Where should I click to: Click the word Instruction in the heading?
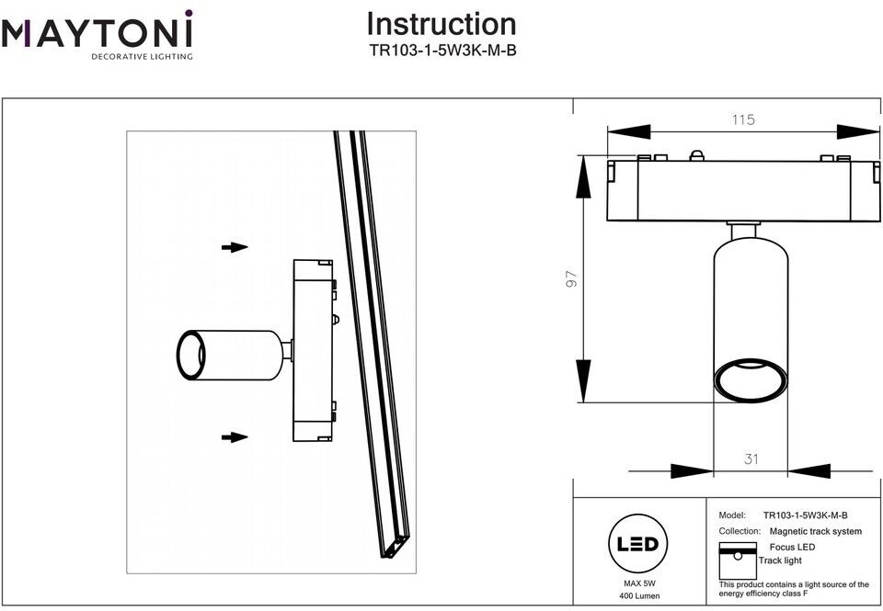coord(441,24)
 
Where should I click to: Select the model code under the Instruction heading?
coord(442,51)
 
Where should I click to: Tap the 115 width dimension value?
coord(743,119)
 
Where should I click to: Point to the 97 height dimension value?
coord(571,279)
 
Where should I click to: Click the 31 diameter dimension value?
coord(751,458)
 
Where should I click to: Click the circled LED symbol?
coord(638,544)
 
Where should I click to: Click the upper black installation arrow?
coord(235,247)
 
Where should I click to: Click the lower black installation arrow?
coord(235,437)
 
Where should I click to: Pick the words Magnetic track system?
coord(816,531)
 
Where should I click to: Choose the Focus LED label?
coord(792,547)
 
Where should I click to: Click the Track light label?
coord(780,560)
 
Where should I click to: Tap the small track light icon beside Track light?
coord(738,560)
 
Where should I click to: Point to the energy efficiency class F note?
coord(794,589)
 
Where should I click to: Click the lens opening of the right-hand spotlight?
coord(751,380)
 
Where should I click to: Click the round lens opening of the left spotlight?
coord(191,355)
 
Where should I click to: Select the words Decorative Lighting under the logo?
coord(142,56)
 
